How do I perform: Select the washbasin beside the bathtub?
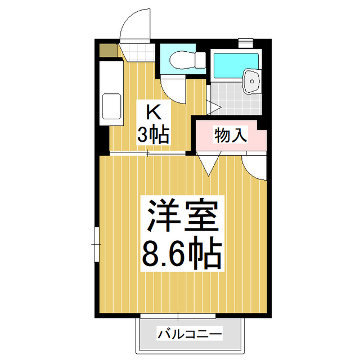(252, 82)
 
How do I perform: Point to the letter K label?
(151, 111)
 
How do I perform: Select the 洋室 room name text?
(182, 215)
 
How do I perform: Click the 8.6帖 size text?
(182, 254)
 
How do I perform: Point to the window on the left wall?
(96, 244)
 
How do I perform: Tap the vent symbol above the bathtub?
(245, 42)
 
